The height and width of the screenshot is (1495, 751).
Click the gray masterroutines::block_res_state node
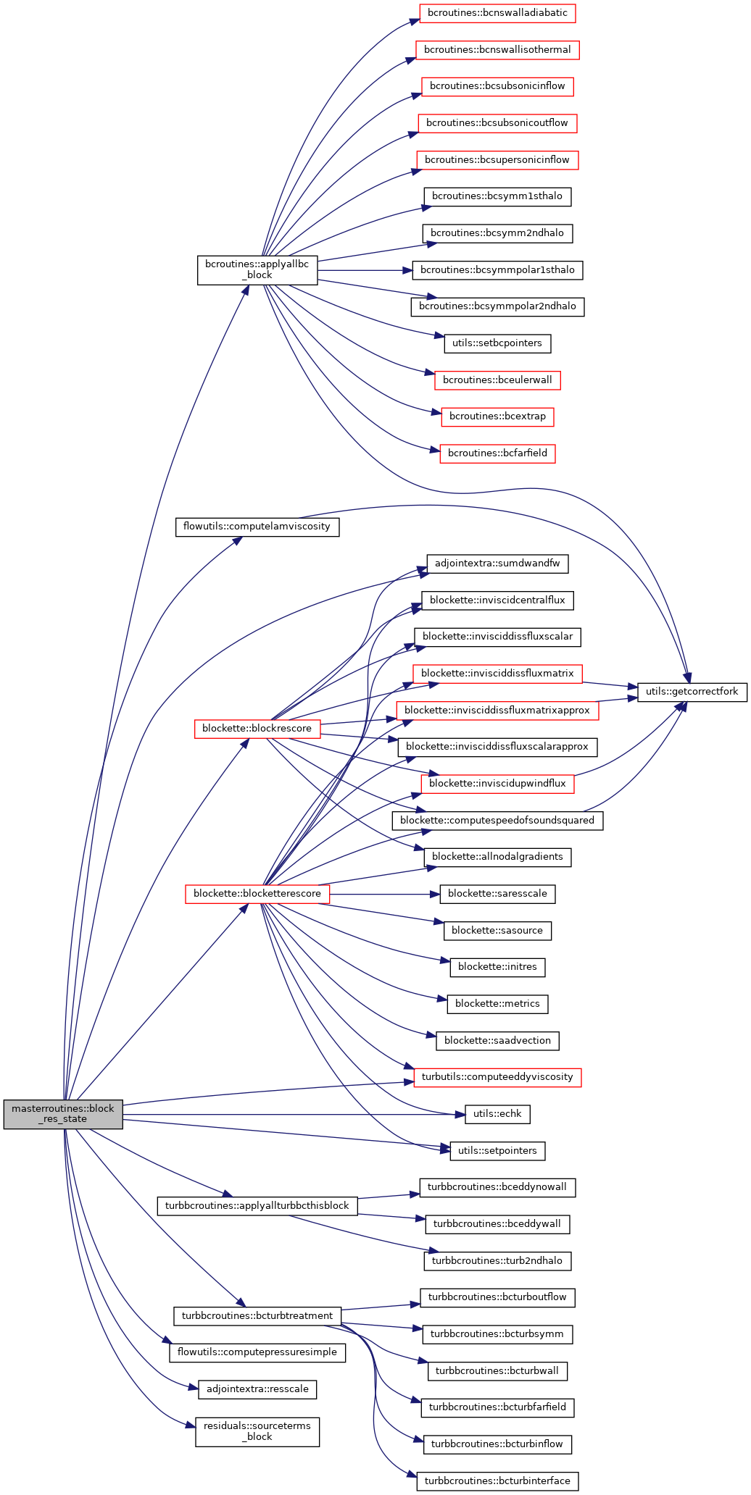click(x=63, y=1113)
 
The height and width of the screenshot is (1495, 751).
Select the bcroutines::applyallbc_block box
click(x=257, y=269)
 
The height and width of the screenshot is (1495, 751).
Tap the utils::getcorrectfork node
click(x=692, y=692)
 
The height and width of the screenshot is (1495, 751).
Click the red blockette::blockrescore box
click(x=257, y=729)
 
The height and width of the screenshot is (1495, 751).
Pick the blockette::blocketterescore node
click(x=257, y=894)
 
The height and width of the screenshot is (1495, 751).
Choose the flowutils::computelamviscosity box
click(x=257, y=527)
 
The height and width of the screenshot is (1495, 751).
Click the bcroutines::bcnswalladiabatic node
click(x=497, y=13)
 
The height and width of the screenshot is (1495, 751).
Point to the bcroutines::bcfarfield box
click(x=497, y=453)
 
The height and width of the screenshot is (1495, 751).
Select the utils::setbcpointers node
click(x=497, y=343)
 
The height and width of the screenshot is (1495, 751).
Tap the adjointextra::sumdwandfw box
click(x=497, y=564)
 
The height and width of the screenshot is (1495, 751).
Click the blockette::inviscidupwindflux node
click(x=497, y=784)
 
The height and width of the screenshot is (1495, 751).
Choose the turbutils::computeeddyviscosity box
click(x=497, y=1077)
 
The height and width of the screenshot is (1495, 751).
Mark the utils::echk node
click(x=497, y=1114)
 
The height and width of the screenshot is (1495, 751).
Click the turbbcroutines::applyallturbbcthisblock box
click(x=257, y=1206)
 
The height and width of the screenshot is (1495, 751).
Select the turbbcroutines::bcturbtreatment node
click(x=257, y=1316)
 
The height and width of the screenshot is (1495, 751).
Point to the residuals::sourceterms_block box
click(x=257, y=1431)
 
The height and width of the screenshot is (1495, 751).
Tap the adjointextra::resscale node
click(x=257, y=1389)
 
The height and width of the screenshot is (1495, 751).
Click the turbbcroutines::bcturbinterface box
click(x=497, y=1481)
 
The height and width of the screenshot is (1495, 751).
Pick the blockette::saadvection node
click(x=497, y=1041)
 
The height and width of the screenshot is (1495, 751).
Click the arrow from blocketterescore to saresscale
click(x=384, y=894)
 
